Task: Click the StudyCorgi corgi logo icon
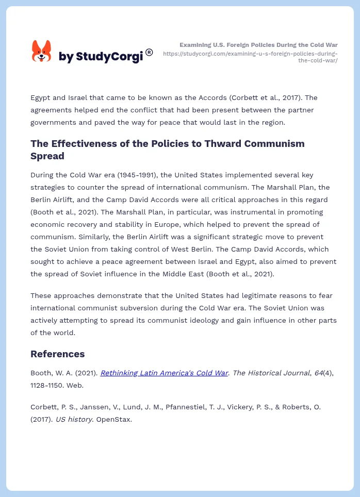(x=42, y=52)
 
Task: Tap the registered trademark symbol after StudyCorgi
(x=149, y=52)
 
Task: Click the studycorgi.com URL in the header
(x=251, y=57)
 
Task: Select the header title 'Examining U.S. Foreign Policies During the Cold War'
(x=258, y=45)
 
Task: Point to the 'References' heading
(x=58, y=354)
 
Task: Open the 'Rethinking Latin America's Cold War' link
(x=164, y=373)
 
